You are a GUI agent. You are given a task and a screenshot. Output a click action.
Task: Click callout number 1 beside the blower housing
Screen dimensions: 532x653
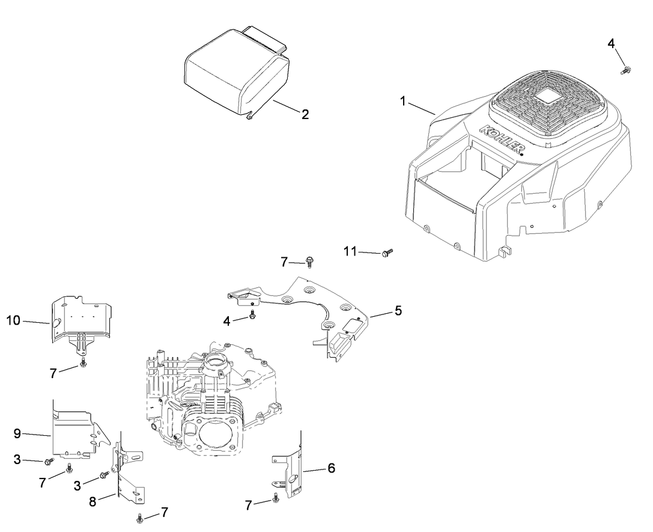(404, 101)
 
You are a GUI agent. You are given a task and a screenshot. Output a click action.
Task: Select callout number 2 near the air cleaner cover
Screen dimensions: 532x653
(305, 114)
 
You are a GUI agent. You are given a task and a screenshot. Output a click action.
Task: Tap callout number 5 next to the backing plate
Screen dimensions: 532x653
(398, 311)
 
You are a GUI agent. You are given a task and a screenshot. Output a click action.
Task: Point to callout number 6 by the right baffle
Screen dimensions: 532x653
(331, 468)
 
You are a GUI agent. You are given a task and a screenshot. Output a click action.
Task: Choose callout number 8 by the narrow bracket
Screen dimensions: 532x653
(93, 501)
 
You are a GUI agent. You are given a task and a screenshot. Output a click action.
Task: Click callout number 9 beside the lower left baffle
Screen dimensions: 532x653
(17, 433)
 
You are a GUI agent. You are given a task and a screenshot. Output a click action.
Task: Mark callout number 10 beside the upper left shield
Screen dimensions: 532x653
(13, 321)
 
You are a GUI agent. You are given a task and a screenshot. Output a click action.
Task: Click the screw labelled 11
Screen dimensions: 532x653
(386, 253)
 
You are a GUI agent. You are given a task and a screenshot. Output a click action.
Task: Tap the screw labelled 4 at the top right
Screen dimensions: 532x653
(625, 71)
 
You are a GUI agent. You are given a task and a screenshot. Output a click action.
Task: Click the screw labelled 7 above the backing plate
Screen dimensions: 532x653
(310, 261)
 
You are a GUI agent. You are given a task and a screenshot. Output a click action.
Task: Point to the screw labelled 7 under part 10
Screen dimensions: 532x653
(83, 364)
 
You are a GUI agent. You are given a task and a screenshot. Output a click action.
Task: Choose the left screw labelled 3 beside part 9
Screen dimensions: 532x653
(49, 461)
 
